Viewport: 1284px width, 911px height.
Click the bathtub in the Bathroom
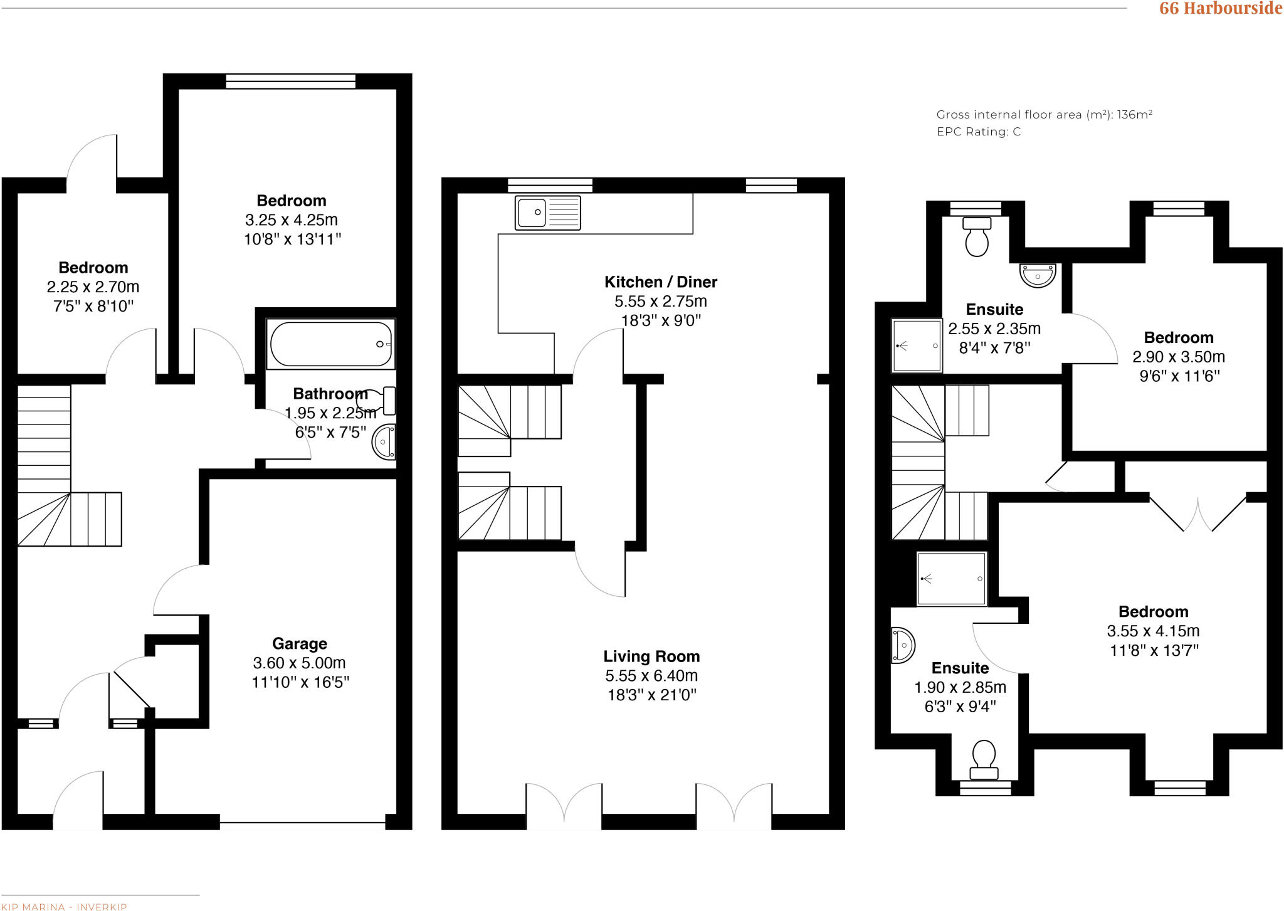tap(331, 344)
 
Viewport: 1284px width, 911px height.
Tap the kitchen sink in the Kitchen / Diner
tap(547, 213)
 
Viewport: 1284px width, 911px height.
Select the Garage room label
tap(299, 644)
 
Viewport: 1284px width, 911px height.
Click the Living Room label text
tap(651, 656)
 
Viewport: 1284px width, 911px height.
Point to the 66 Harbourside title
tap(1220, 8)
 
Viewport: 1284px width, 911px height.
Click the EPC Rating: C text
tap(978, 132)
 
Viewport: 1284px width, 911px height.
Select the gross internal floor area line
tap(1044, 115)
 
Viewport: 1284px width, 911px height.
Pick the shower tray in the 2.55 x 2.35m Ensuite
tap(917, 345)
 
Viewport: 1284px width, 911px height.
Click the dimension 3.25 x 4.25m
tap(292, 220)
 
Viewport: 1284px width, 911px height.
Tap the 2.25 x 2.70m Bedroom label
tap(93, 268)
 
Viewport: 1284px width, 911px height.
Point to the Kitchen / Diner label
tap(660, 282)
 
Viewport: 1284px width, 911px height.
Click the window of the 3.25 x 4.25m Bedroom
tap(290, 81)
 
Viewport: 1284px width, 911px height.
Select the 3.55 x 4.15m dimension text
tap(1153, 631)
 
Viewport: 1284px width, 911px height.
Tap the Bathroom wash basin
tap(384, 442)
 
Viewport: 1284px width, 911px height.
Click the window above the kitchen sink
tap(550, 185)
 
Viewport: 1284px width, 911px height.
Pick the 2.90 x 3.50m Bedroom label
tap(1178, 338)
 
